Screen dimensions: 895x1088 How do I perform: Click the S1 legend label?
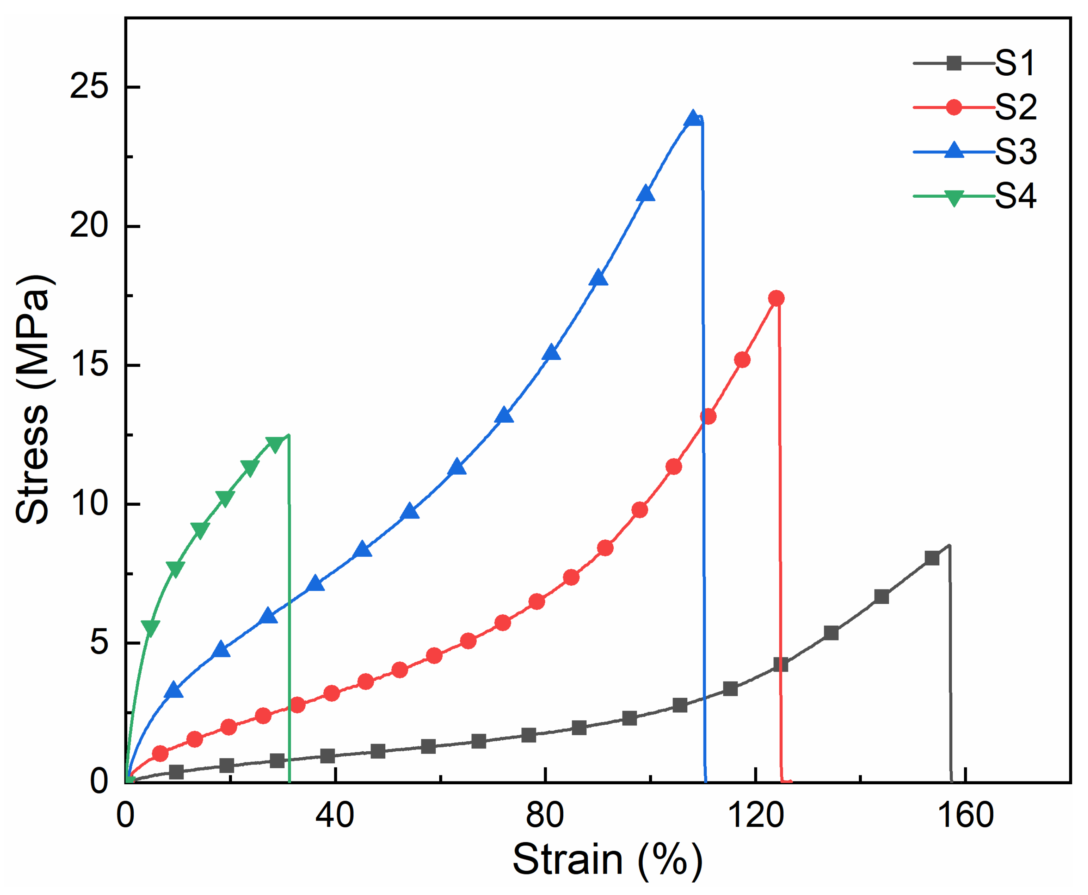tap(1015, 64)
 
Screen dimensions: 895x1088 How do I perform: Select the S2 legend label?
tap(1015, 108)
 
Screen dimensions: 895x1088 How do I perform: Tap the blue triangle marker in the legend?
tap(954, 151)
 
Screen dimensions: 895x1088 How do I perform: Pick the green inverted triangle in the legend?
tap(954, 197)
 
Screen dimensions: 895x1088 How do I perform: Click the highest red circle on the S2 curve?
tap(776, 298)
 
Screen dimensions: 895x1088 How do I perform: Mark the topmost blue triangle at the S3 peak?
tap(693, 119)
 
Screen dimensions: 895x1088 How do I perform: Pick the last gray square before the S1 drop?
tap(932, 558)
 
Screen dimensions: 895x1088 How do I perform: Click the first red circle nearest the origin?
tap(160, 754)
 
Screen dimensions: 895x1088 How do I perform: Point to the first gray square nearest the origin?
tap(176, 772)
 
